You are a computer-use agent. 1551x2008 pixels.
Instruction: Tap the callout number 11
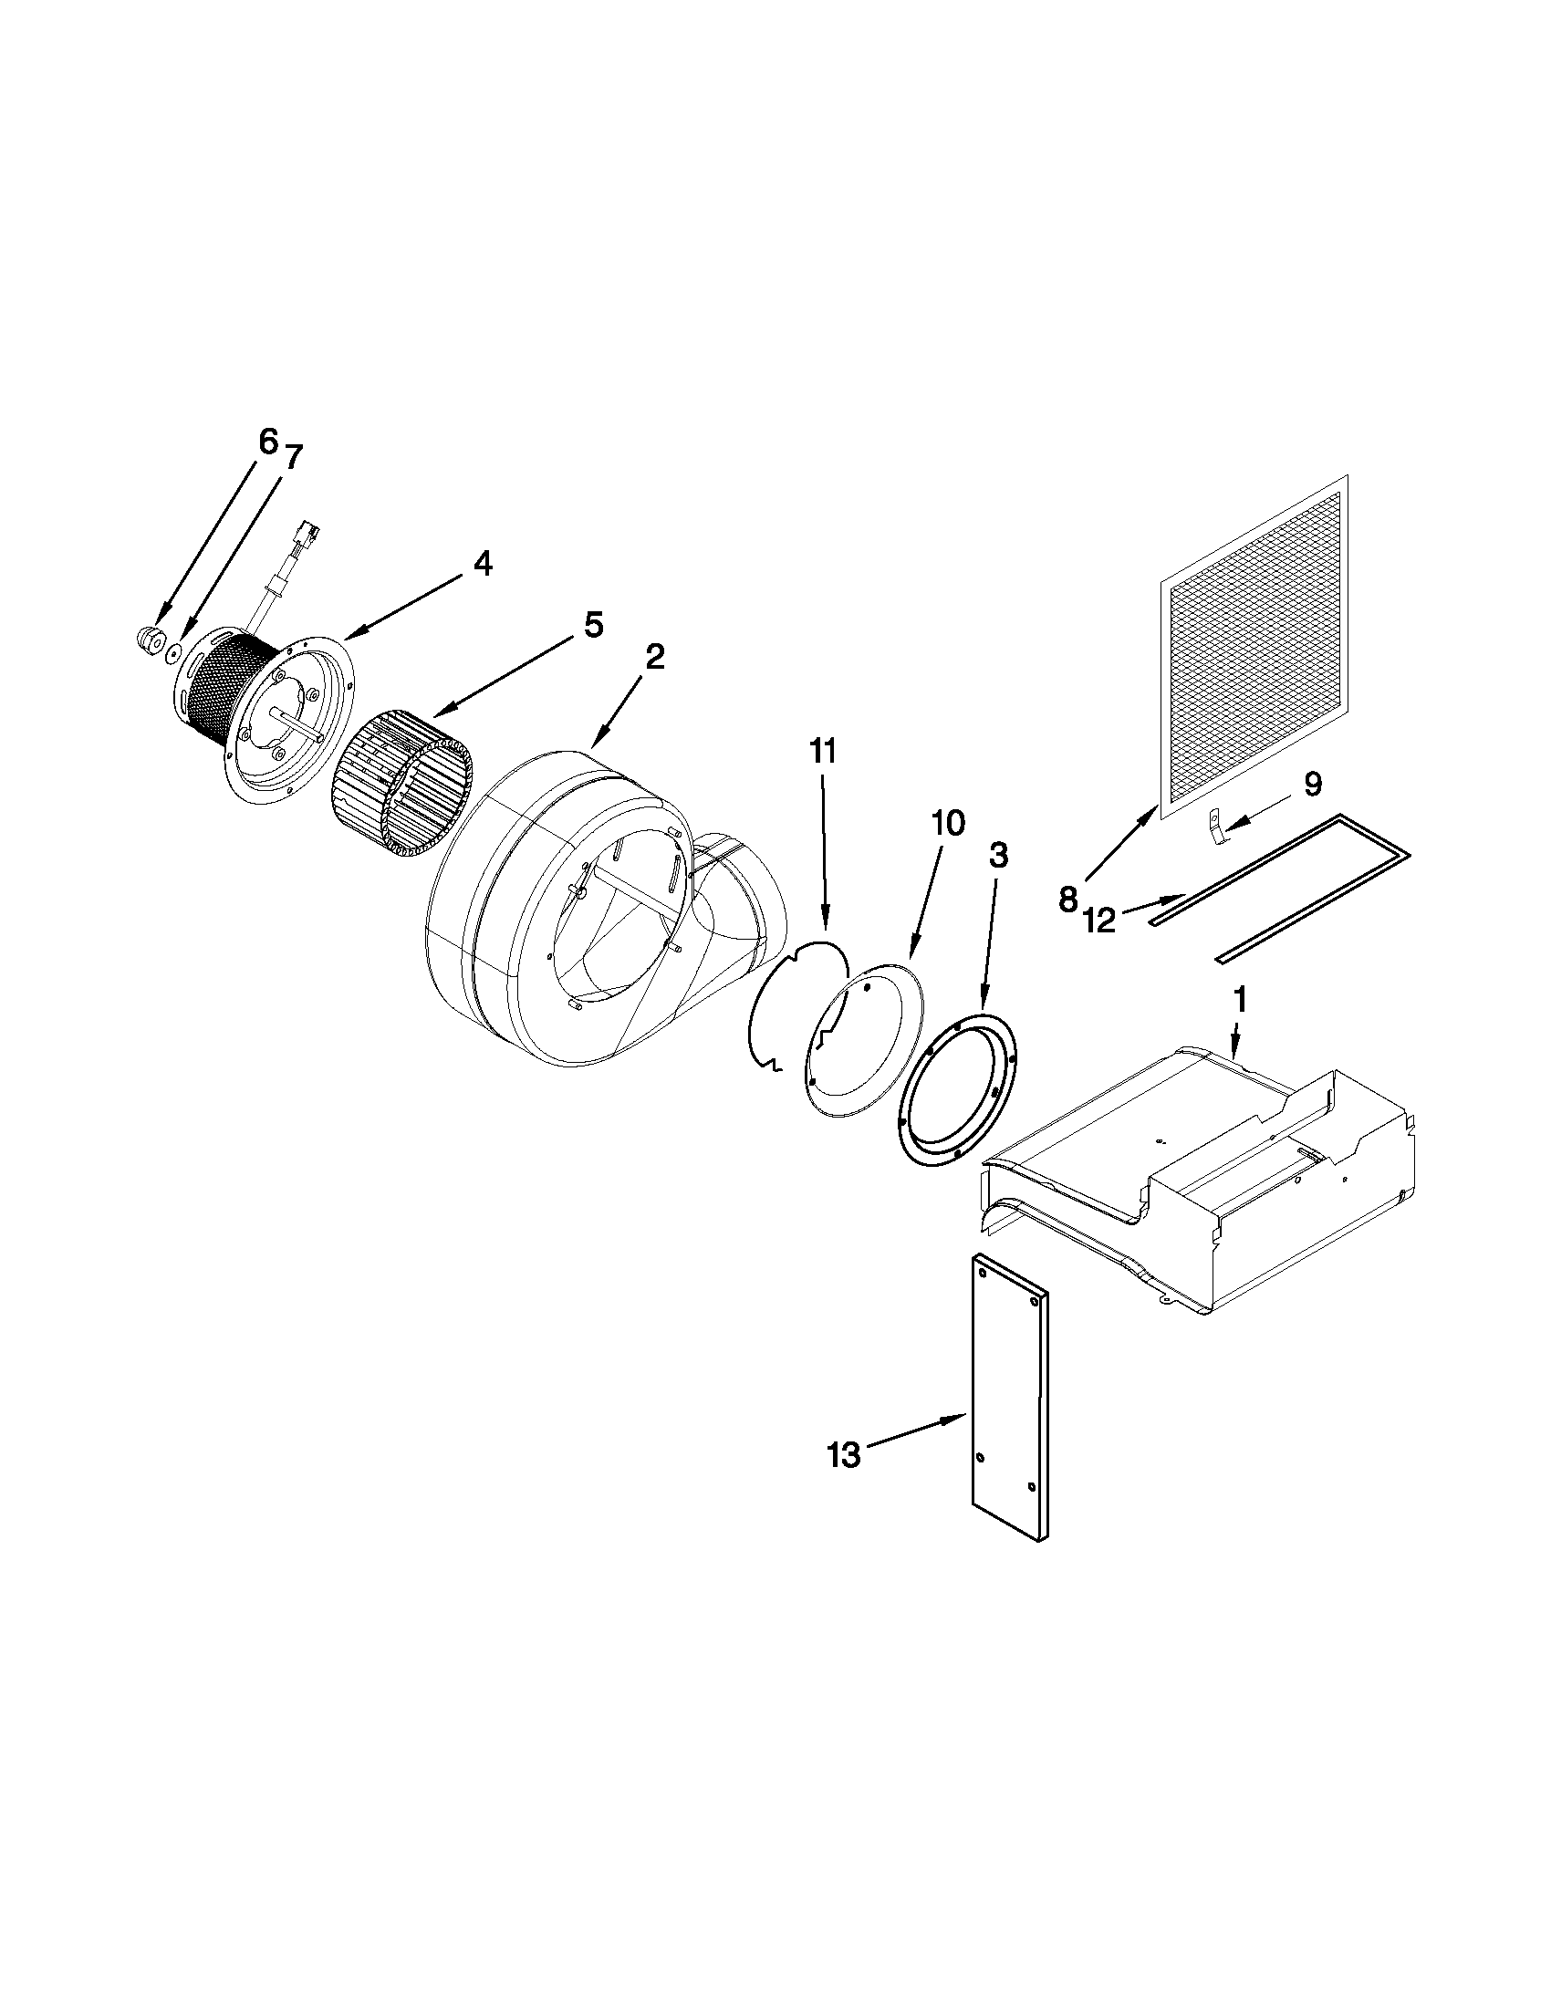(x=823, y=751)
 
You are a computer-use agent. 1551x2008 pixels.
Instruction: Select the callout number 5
(x=593, y=625)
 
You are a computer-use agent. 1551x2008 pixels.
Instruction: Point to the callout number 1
(x=1239, y=999)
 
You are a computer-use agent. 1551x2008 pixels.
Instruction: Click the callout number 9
(x=1312, y=784)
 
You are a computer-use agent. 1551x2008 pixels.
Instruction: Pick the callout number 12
(x=1098, y=920)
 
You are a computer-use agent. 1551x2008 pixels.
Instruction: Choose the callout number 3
(x=998, y=856)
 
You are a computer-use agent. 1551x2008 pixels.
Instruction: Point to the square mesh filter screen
(x=1255, y=643)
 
